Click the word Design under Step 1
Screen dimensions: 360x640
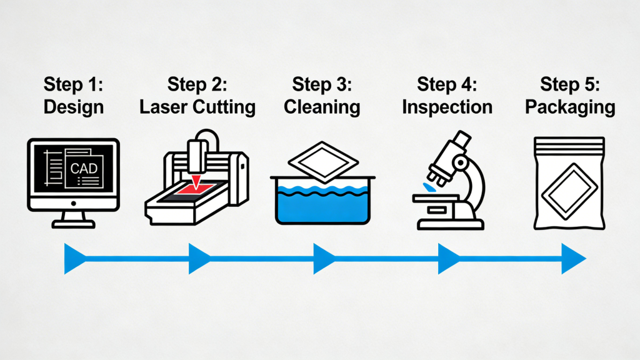click(x=73, y=107)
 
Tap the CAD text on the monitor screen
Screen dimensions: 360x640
click(x=83, y=168)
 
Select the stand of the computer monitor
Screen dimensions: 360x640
click(x=72, y=219)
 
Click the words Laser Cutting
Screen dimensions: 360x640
click(x=197, y=107)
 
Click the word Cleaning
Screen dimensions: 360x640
click(x=322, y=107)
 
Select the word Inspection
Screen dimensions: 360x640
click(x=447, y=107)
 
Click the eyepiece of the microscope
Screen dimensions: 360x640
click(x=462, y=139)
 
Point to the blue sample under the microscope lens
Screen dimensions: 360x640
click(x=429, y=187)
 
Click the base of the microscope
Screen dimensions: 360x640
click(x=449, y=224)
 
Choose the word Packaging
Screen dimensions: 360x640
click(x=570, y=107)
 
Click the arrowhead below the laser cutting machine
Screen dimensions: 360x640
click(x=199, y=259)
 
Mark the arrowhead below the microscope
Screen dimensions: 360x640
click(x=448, y=259)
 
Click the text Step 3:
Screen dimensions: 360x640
click(x=322, y=84)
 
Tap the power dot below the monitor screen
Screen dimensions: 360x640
click(x=72, y=203)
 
